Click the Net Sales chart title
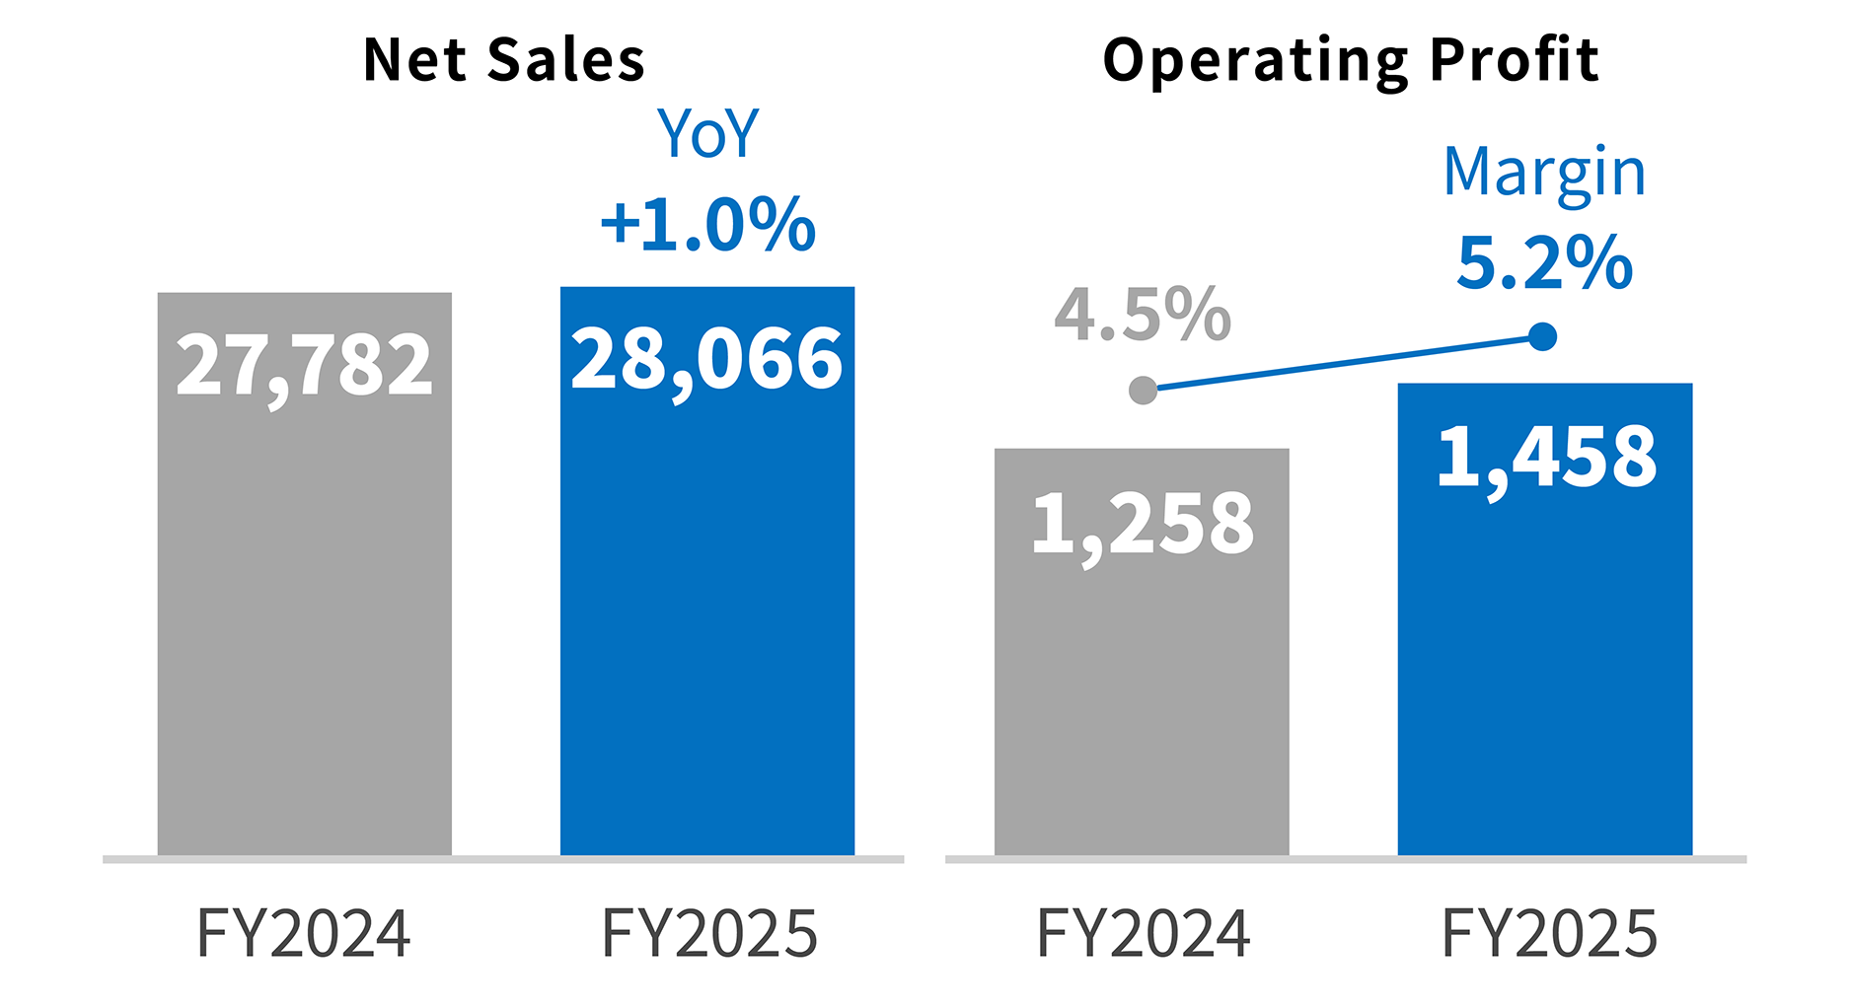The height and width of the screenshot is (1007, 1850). [x=503, y=59]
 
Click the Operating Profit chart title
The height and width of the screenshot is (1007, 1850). [x=1350, y=61]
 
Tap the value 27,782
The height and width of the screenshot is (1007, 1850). [x=304, y=366]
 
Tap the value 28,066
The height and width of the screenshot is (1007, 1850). [x=706, y=360]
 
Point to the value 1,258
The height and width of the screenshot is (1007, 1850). [x=1142, y=524]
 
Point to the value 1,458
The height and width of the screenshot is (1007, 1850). [x=1546, y=458]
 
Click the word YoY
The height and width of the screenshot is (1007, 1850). [x=707, y=134]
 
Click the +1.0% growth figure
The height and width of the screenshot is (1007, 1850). [x=707, y=224]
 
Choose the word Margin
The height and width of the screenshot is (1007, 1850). [x=1544, y=174]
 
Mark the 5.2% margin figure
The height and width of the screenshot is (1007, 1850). [x=1544, y=262]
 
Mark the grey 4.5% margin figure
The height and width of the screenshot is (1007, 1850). [x=1142, y=316]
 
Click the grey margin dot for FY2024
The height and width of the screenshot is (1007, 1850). [x=1143, y=391]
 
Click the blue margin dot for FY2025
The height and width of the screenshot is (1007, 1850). [x=1542, y=337]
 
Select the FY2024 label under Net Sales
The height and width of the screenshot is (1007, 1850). [x=304, y=933]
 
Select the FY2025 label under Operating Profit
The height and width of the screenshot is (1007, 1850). [x=1549, y=933]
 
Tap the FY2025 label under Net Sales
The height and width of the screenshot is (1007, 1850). [x=709, y=933]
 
